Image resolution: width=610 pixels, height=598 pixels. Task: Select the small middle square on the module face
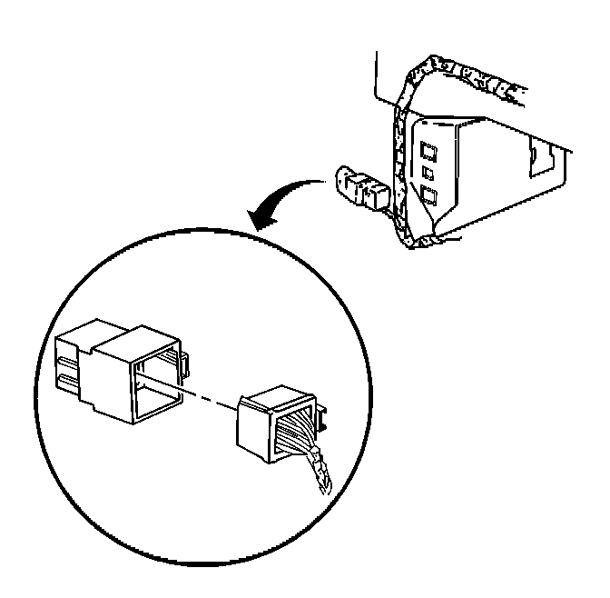point(427,170)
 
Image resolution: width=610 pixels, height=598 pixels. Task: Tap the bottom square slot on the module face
point(427,194)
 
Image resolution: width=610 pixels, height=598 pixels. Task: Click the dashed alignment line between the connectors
point(209,394)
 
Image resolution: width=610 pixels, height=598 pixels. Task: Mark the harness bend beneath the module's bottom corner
point(422,243)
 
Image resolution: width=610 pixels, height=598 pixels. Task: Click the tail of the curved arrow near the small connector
point(318,184)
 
